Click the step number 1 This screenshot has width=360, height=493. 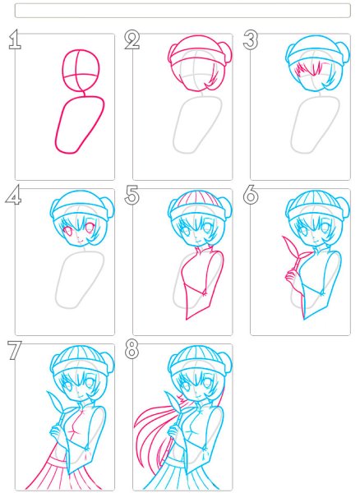coord(15,39)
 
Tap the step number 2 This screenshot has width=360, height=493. coord(132,39)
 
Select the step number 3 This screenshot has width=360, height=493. coord(251,39)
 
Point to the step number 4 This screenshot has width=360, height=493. coord(13,196)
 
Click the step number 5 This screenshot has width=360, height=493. coord(132,196)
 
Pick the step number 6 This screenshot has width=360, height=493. coord(251,196)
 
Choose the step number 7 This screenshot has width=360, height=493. coord(14,350)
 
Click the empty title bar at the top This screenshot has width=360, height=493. coord(182,11)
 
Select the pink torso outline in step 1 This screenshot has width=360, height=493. coord(58,126)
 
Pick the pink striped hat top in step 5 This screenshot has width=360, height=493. coord(197,198)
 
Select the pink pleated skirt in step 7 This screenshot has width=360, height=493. coord(63,472)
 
